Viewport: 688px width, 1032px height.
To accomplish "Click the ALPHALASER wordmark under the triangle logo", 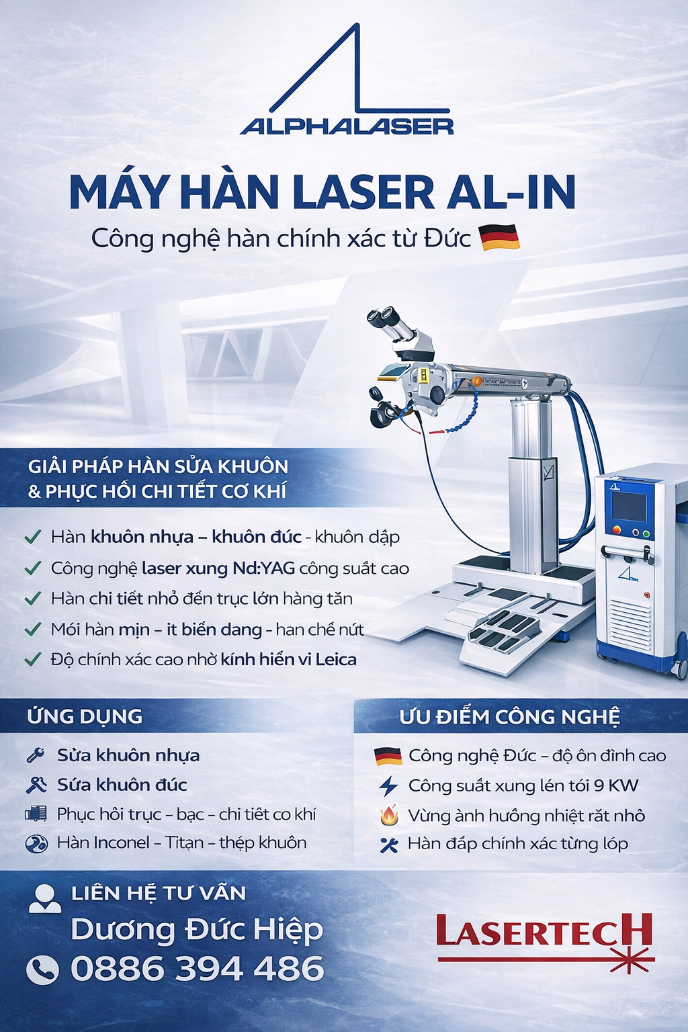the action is (347, 126).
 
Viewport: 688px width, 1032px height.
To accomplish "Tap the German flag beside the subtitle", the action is (499, 237).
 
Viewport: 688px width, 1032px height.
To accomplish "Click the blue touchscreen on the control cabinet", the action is (629, 507).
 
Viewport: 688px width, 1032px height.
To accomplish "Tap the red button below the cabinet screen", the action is (617, 530).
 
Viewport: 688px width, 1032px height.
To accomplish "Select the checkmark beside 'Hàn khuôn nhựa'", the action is (32, 537).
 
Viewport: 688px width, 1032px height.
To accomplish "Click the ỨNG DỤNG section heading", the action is (85, 716).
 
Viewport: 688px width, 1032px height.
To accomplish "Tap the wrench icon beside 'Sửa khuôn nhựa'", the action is (36, 755).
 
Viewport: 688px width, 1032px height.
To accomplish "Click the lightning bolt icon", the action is (388, 786).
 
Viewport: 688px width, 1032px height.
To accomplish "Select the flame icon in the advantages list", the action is (389, 816).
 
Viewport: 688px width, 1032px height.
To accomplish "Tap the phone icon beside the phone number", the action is (42, 969).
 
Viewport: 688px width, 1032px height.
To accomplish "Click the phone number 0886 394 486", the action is (198, 968).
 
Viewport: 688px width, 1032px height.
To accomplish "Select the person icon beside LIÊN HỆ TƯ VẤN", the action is (45, 898).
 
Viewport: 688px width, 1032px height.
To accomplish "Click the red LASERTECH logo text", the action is (544, 930).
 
